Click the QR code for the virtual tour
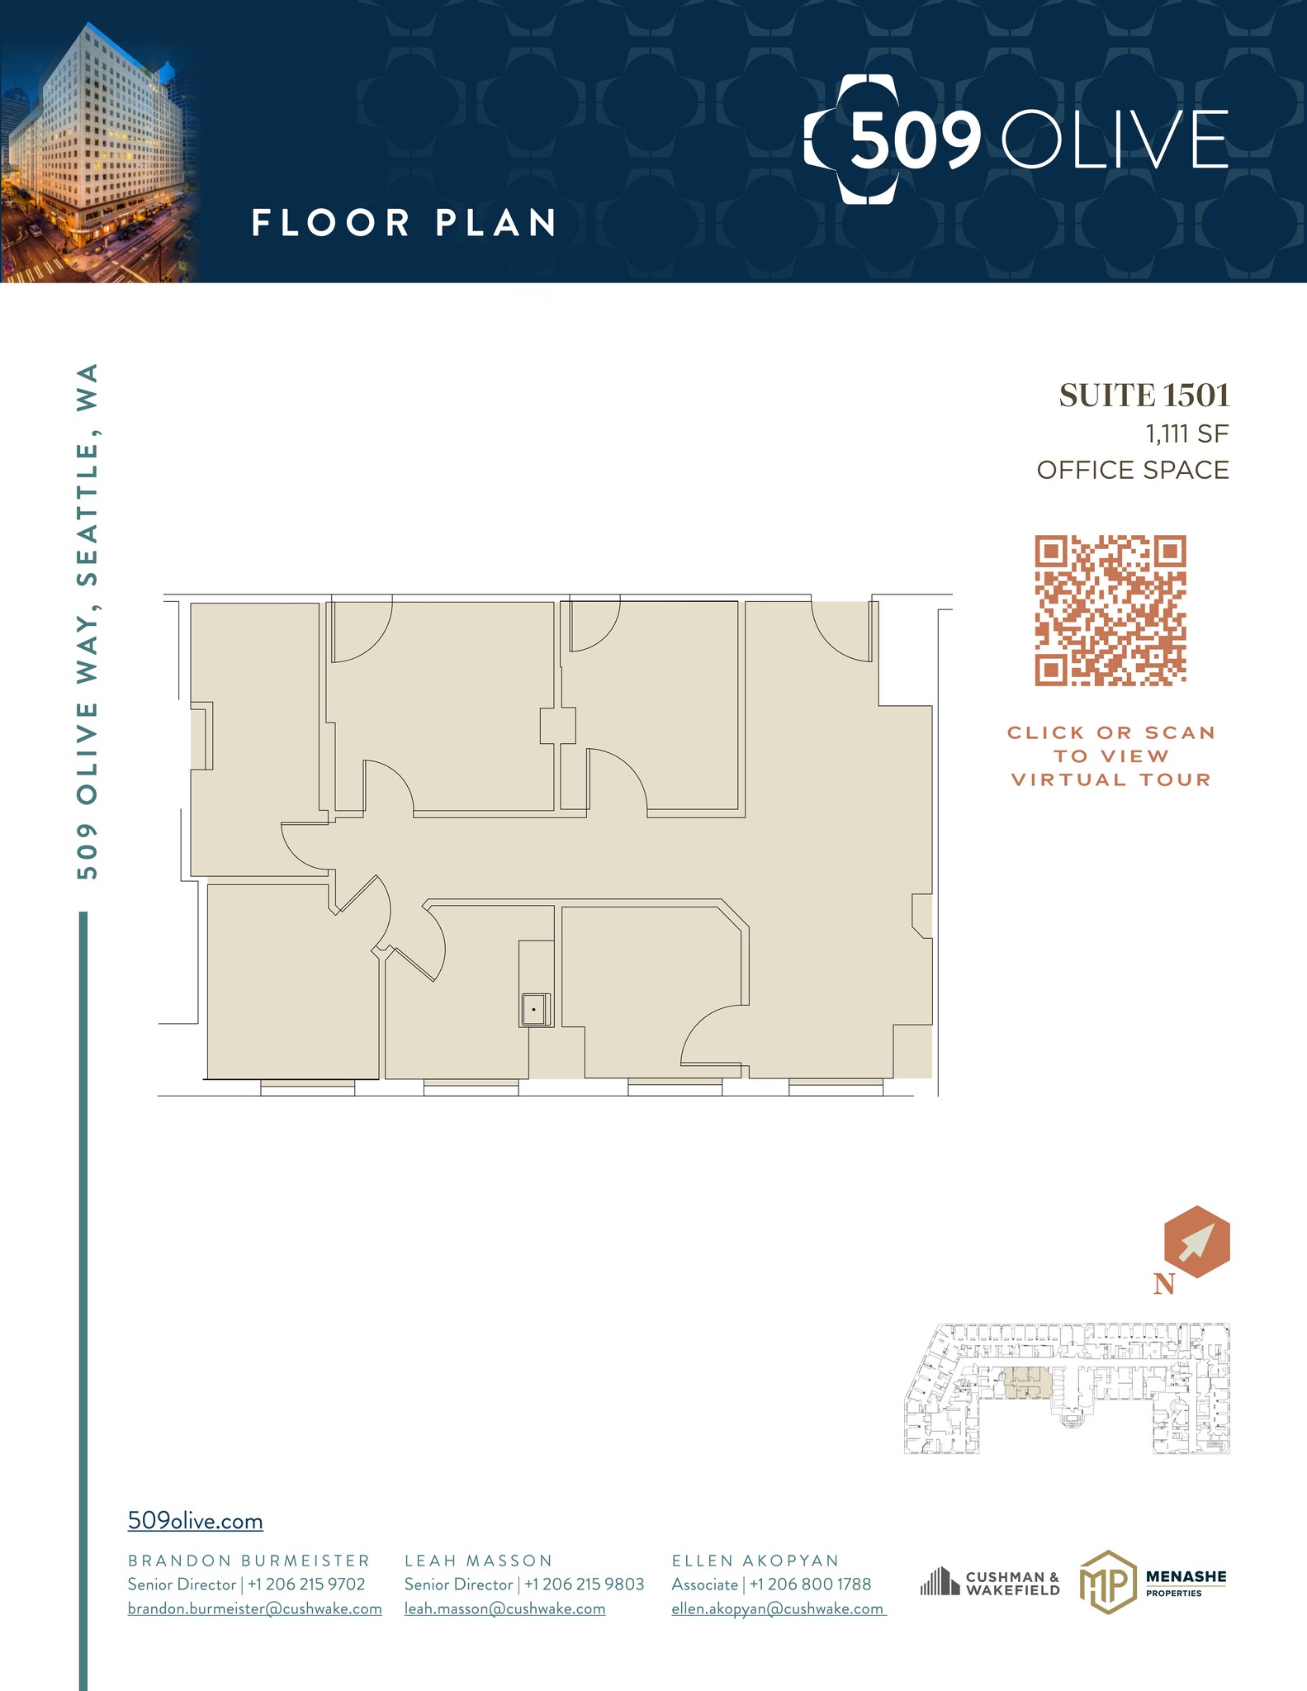click(x=1110, y=611)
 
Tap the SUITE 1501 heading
click(x=1144, y=396)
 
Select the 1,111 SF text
click(x=1186, y=433)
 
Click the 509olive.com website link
click(x=195, y=1521)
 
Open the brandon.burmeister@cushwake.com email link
click(x=254, y=1608)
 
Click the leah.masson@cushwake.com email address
click(x=504, y=1608)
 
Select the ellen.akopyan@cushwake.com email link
click(x=778, y=1608)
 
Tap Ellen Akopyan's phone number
click(x=810, y=1584)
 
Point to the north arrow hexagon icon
click(x=1196, y=1242)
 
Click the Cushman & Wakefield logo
click(x=990, y=1584)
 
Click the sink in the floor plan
click(x=535, y=1009)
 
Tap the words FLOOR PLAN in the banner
click(x=404, y=223)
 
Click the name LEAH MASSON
click(x=478, y=1561)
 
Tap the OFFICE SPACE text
click(x=1133, y=471)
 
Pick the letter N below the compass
click(x=1164, y=1284)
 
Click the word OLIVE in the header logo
click(x=1115, y=140)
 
